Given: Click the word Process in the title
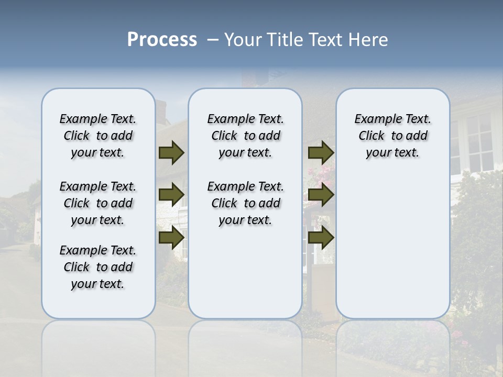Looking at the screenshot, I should (x=162, y=39).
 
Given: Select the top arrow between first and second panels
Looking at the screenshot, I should (x=171, y=153).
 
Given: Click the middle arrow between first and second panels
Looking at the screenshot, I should (x=171, y=196).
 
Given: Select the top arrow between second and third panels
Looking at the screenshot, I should (x=321, y=153).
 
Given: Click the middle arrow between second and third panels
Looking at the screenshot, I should (x=321, y=196).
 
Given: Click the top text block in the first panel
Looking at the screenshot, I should (x=98, y=136).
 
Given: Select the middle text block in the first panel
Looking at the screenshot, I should (x=98, y=203).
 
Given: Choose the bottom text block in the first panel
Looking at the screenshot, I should (x=98, y=267).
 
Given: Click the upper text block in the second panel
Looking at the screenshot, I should (x=246, y=136).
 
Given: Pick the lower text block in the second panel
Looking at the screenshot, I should (x=246, y=203).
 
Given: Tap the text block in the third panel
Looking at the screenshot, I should (x=393, y=136).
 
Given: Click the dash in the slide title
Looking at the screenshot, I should (x=213, y=40).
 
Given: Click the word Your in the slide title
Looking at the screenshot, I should (x=243, y=40).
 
